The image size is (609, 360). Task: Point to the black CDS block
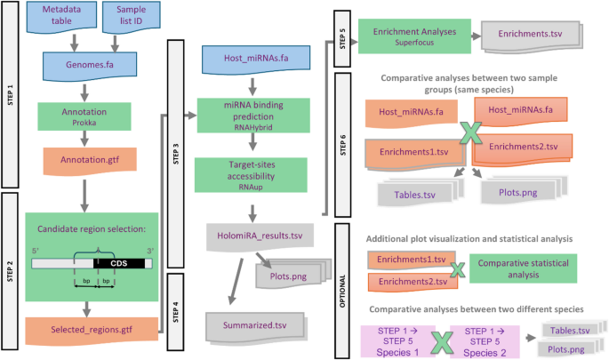point(125,263)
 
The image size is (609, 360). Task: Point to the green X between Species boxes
point(437,340)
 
